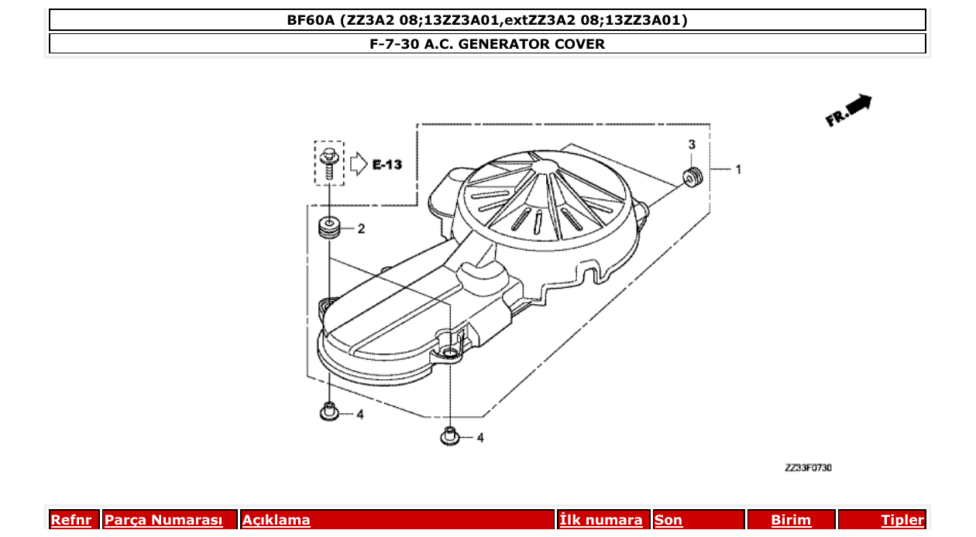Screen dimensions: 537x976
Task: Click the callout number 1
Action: pos(738,169)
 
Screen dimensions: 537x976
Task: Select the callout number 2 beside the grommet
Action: pos(361,229)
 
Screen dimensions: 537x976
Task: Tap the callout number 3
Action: pos(692,145)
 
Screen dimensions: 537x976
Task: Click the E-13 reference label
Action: pos(387,164)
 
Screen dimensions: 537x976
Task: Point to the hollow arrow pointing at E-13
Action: pos(358,163)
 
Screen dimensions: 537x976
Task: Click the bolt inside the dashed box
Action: pos(330,162)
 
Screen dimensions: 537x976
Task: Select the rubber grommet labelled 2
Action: pos(331,228)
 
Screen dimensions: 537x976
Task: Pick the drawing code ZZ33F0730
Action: pos(808,467)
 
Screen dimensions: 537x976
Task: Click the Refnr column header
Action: pos(70,520)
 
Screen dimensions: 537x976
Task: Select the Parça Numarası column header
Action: pos(163,520)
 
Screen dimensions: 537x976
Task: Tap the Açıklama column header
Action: pos(277,520)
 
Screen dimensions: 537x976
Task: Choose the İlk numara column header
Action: pos(601,520)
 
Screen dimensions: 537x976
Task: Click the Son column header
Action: pos(668,520)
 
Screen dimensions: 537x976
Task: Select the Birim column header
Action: pos(791,520)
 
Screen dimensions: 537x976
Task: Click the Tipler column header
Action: pos(902,520)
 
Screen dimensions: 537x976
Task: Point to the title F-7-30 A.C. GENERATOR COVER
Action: pos(487,44)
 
